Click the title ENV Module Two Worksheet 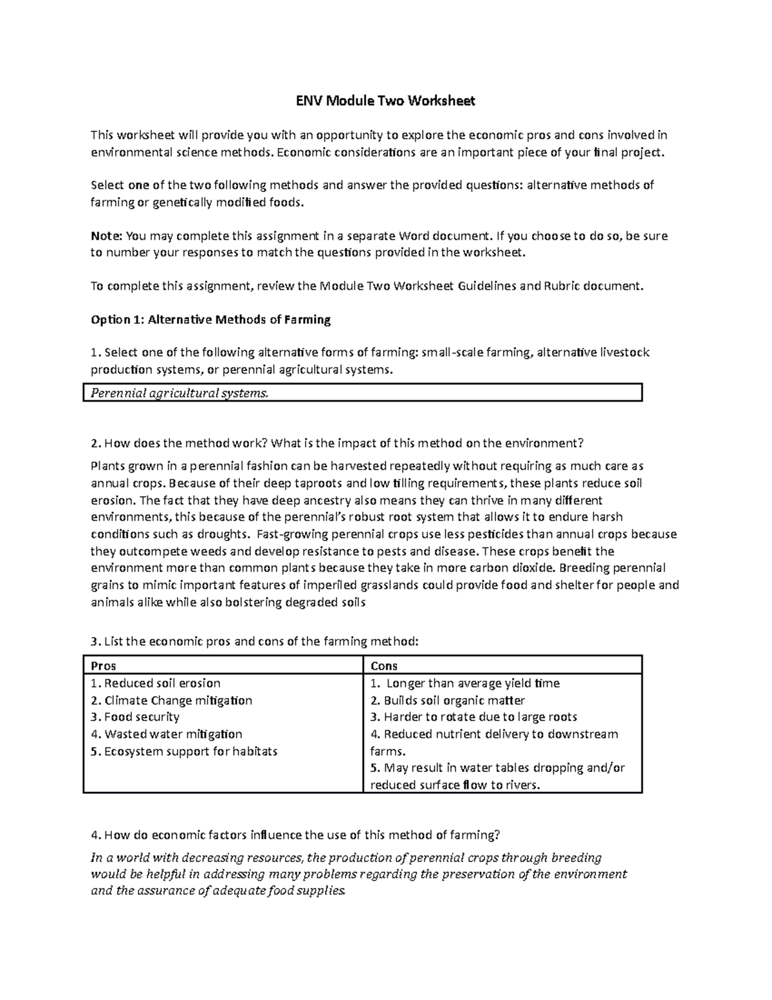[x=385, y=101]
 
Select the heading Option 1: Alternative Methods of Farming [x=210, y=319]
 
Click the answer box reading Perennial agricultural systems [x=363, y=393]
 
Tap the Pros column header [x=104, y=666]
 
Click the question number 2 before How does [x=95, y=443]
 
